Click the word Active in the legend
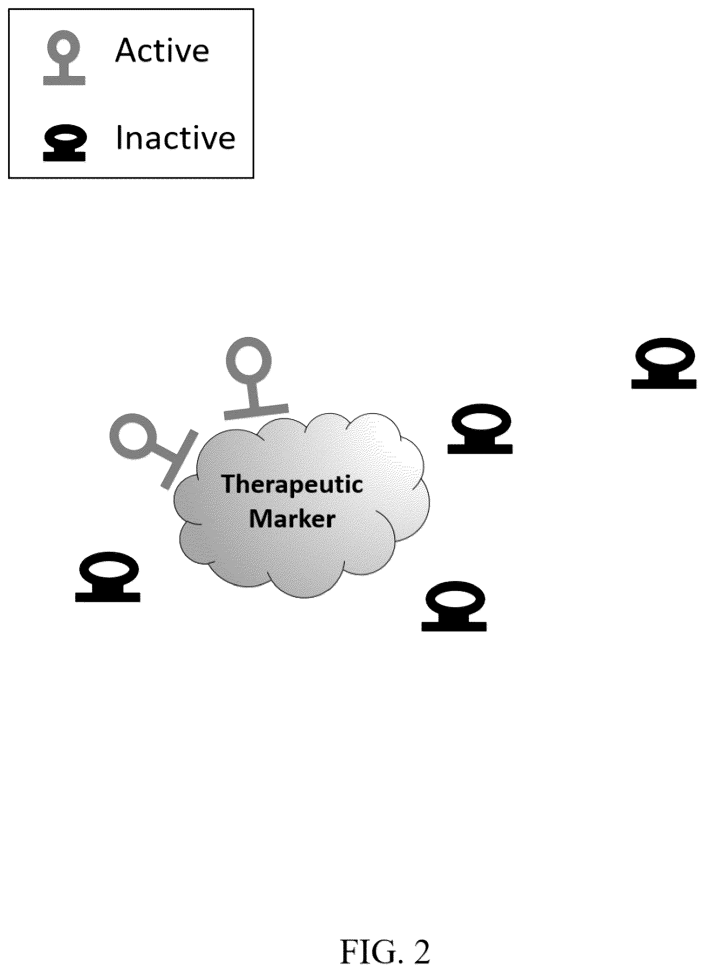point(162,50)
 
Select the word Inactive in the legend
point(176,138)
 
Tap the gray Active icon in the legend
point(64,57)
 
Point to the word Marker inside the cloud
point(292,519)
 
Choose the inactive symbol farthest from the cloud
point(664,363)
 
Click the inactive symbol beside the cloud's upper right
point(480,428)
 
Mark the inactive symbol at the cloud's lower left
point(108,576)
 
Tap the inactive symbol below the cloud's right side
point(454,606)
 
